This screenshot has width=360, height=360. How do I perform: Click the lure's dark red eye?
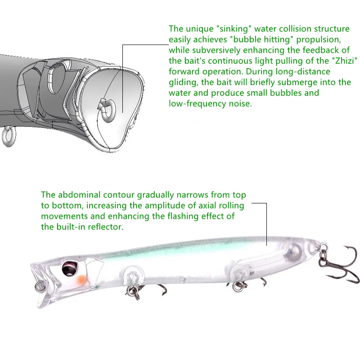tap(70, 268)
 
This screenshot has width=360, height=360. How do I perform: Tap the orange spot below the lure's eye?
tap(81, 279)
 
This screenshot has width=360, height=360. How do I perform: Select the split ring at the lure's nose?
tap(39, 286)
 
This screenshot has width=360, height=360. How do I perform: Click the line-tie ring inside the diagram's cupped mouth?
tap(108, 110)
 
